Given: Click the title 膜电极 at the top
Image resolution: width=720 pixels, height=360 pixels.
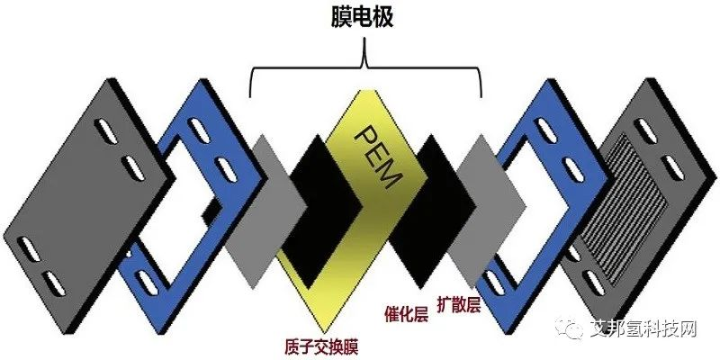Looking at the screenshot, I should point(365,17).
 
